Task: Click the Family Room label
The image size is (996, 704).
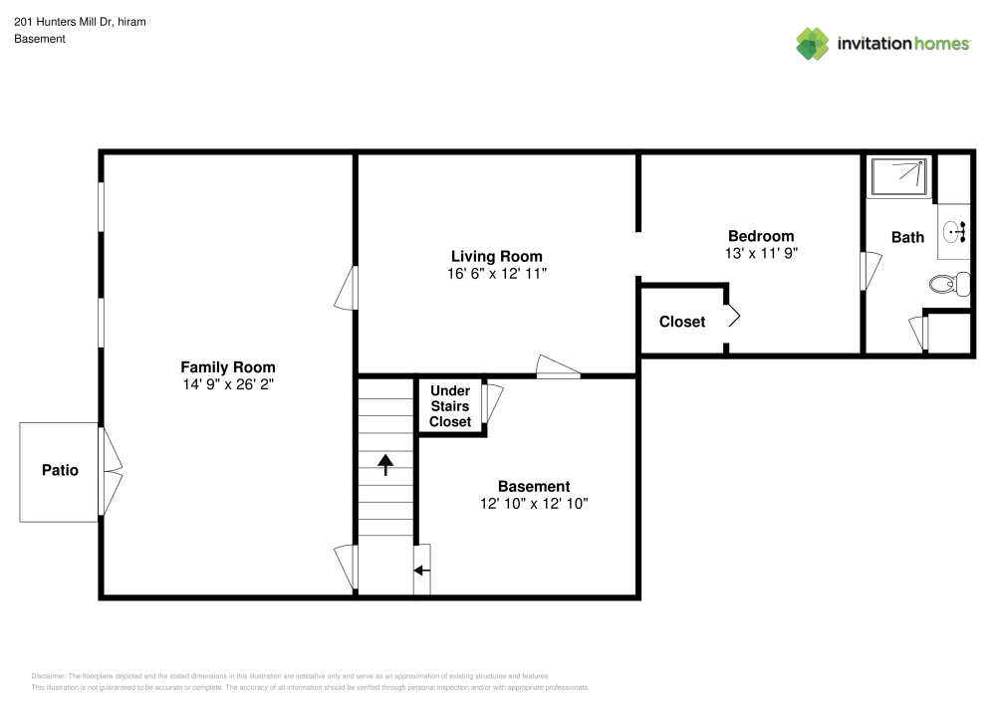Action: [x=227, y=366]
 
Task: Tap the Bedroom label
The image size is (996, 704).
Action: [x=761, y=236]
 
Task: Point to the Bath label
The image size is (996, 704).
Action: [x=907, y=237]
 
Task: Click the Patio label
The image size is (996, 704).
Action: [x=59, y=470]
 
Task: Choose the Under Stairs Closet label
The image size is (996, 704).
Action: [x=450, y=406]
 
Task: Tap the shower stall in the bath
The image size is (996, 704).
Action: [x=899, y=176]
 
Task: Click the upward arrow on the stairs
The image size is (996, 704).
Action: [x=385, y=463]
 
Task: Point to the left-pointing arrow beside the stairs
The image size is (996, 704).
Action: [x=421, y=571]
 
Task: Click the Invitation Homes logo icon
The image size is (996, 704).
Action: [x=812, y=43]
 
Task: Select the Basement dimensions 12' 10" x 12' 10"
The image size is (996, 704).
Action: [x=534, y=504]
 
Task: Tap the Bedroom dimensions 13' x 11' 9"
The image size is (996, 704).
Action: [x=761, y=253]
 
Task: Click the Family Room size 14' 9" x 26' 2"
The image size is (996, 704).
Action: [x=227, y=383]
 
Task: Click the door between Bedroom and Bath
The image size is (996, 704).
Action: [x=870, y=271]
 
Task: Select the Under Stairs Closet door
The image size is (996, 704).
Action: [x=492, y=404]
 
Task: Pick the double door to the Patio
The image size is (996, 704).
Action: [x=110, y=470]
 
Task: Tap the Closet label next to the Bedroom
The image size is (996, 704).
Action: [x=682, y=322]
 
